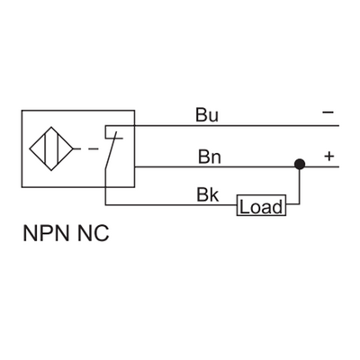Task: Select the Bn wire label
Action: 208,156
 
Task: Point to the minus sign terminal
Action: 328,113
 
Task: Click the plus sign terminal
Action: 328,156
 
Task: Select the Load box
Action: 260,207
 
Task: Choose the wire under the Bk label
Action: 180,206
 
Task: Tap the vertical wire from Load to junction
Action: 298,189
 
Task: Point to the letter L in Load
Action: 243,207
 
